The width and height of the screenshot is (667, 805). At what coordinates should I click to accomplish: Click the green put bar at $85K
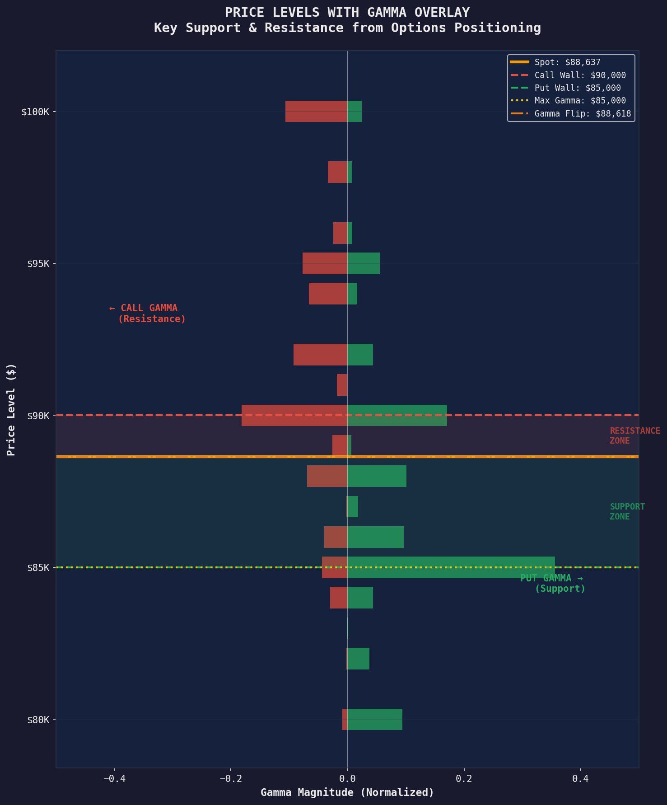tap(451, 567)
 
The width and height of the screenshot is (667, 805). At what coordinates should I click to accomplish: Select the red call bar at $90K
tap(294, 415)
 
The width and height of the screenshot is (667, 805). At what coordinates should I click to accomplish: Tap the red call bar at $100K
tap(316, 111)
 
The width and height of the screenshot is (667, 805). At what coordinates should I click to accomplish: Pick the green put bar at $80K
tap(375, 719)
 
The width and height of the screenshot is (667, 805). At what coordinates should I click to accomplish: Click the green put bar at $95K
tap(364, 263)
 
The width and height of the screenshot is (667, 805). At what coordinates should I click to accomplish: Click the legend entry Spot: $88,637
tap(567, 62)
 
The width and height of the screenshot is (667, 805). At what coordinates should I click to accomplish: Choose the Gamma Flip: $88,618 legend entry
tap(583, 114)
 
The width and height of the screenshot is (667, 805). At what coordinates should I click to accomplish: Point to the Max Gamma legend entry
tap(580, 101)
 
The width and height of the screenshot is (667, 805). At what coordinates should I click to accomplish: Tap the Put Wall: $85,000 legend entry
tap(577, 88)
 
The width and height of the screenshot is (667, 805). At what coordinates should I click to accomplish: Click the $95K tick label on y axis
tap(38, 264)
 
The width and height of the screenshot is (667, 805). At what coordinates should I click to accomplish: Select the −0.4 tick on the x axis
tap(114, 778)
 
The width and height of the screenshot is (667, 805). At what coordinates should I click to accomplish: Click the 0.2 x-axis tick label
tap(464, 778)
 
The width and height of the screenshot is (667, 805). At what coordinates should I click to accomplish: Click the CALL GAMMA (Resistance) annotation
tap(148, 314)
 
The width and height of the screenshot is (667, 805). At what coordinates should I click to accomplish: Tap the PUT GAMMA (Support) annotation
tap(553, 583)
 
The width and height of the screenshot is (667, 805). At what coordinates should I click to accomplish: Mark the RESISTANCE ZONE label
tap(634, 435)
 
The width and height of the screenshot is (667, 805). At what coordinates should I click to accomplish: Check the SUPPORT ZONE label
tap(627, 511)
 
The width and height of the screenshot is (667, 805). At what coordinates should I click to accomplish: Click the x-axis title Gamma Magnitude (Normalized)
tap(347, 792)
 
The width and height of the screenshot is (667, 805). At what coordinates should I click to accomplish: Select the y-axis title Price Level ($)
tap(11, 410)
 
